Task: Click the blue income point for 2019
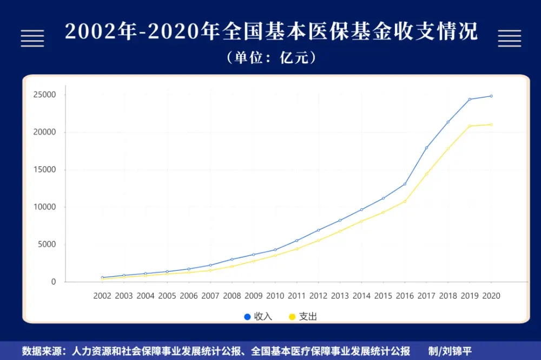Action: (x=470, y=99)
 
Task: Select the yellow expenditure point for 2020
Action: (x=491, y=125)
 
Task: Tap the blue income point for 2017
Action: (x=426, y=148)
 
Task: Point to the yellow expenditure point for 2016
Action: (x=405, y=201)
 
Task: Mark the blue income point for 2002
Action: (x=102, y=278)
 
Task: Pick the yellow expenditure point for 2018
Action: (x=448, y=148)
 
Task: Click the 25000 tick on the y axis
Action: (x=45, y=95)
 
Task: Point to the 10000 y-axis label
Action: (x=45, y=207)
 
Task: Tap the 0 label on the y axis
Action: (x=53, y=282)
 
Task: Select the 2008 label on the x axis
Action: (x=232, y=296)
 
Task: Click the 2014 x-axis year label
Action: (x=361, y=296)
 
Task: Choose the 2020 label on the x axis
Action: (x=491, y=296)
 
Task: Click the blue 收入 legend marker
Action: (x=247, y=317)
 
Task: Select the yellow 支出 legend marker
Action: (x=292, y=317)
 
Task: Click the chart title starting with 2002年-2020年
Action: (x=271, y=31)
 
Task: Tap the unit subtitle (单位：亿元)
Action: (x=271, y=57)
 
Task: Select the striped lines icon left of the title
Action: (x=32, y=37)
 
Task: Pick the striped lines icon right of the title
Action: (x=509, y=37)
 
